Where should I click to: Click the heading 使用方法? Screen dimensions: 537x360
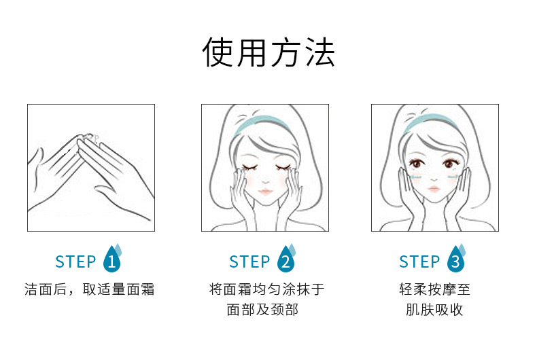click(x=268, y=52)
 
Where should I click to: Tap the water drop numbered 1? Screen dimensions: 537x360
click(x=112, y=259)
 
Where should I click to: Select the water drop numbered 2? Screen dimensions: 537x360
click(x=286, y=259)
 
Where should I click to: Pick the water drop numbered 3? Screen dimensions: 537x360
click(x=456, y=259)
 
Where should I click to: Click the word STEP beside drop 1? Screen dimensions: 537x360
click(x=75, y=262)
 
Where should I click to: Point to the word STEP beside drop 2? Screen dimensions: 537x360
click(x=249, y=262)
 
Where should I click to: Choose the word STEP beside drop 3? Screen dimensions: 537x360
click(x=419, y=262)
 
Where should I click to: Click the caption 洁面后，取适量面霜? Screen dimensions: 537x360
click(x=89, y=289)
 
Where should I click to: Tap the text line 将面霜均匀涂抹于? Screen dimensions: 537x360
click(x=266, y=289)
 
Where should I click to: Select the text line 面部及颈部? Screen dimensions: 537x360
click(x=262, y=310)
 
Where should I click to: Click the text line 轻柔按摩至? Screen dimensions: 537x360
click(x=434, y=289)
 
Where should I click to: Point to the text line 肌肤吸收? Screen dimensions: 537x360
click(x=434, y=310)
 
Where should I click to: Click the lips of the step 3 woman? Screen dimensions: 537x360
click(x=434, y=189)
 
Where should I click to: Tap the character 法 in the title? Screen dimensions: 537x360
click(x=320, y=52)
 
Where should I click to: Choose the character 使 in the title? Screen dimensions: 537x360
click(x=217, y=52)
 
